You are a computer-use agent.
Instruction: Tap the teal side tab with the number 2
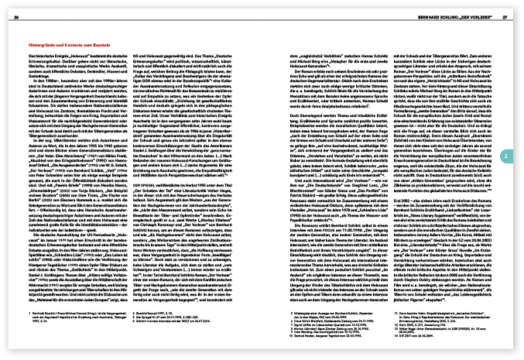(504, 156)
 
